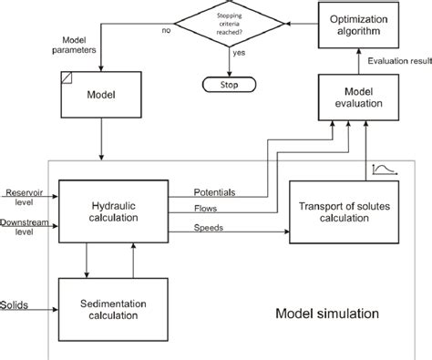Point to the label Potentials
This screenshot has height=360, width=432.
click(x=215, y=192)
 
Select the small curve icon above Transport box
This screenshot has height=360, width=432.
click(x=380, y=169)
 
